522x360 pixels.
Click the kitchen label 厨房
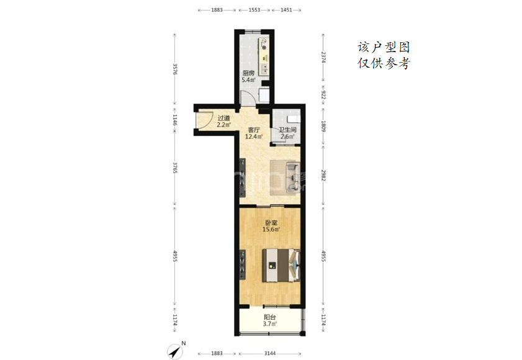point(248,73)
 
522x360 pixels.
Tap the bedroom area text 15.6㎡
point(271,230)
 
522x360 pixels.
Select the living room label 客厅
point(254,130)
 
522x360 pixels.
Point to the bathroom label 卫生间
point(287,130)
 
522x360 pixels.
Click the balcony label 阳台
point(269,317)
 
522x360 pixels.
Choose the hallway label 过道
point(223,118)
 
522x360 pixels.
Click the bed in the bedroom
point(281,266)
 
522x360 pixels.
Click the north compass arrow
point(176,351)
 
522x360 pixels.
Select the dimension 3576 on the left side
point(175,70)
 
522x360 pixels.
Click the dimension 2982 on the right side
point(323,175)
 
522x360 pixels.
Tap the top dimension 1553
point(254,10)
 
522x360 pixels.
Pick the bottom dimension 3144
point(270,353)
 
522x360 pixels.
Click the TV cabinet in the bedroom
point(243,266)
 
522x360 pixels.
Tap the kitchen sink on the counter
point(264,68)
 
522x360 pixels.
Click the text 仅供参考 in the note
point(384,63)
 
